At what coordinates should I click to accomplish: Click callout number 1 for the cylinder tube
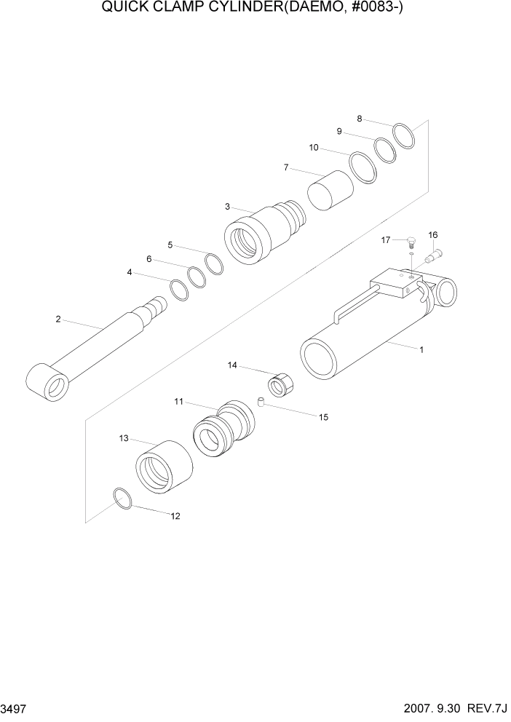[421, 349]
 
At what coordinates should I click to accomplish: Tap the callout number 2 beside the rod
[58, 318]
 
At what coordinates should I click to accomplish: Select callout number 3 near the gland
[227, 207]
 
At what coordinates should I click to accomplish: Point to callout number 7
[286, 167]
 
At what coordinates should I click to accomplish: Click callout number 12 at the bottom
[175, 516]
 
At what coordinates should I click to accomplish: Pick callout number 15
[323, 417]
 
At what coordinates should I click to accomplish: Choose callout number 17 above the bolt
[386, 239]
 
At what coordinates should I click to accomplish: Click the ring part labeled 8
[403, 136]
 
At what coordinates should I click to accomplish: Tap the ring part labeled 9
[385, 150]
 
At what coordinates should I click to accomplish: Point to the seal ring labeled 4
[179, 289]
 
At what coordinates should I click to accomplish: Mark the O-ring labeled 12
[123, 499]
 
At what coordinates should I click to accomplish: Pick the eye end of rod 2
[47, 383]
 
